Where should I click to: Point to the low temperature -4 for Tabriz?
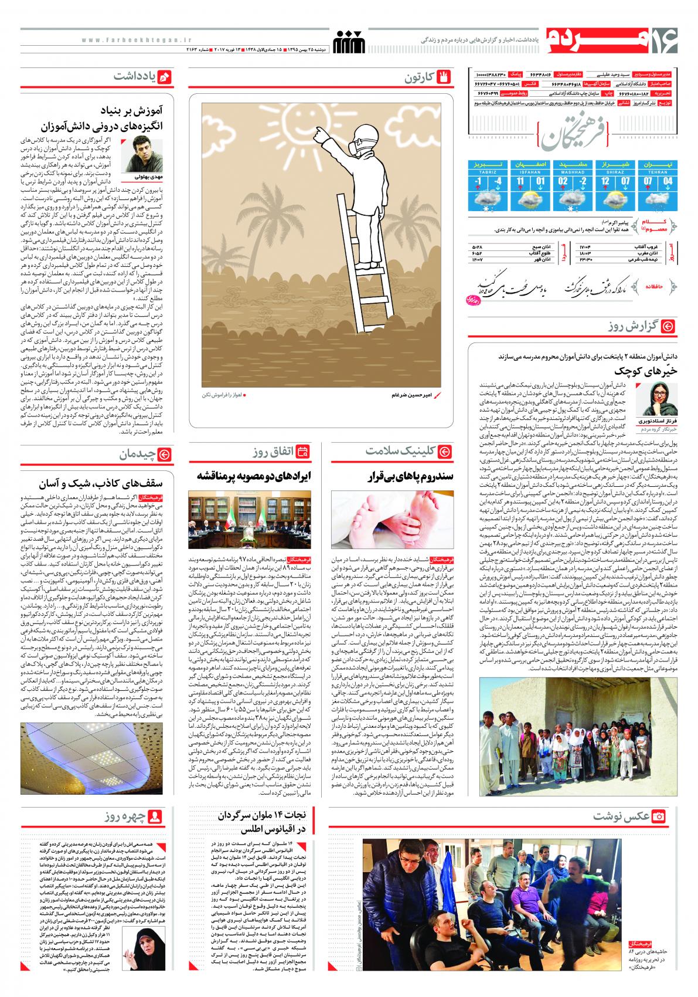coord(498,182)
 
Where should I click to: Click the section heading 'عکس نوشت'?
coord(621,816)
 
